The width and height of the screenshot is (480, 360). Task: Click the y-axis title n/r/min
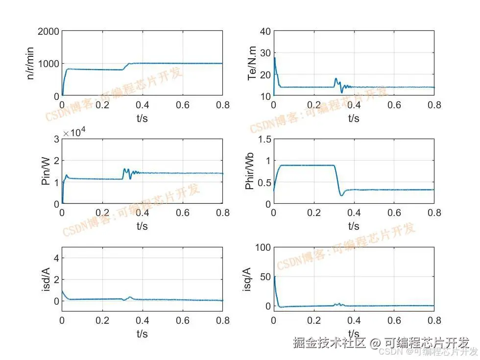click(30, 64)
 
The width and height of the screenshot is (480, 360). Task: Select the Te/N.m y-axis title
click(252, 64)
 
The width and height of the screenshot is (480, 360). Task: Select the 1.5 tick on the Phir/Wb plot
click(263, 139)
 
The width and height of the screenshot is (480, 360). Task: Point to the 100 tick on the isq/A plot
click(263, 247)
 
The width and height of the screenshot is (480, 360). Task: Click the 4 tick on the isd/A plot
click(56, 258)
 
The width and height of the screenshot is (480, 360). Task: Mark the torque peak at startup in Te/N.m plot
click(274, 58)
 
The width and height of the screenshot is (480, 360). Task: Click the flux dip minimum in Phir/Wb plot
click(341, 195)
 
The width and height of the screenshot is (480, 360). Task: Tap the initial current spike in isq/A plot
click(274, 277)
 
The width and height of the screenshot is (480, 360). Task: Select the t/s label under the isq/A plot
click(354, 334)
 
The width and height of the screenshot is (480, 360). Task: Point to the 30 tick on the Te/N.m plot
click(265, 53)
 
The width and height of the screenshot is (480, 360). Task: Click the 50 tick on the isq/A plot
click(265, 277)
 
